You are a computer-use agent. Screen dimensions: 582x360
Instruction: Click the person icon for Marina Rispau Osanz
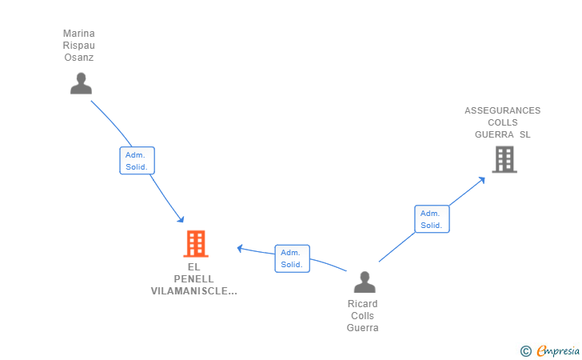[x=81, y=83]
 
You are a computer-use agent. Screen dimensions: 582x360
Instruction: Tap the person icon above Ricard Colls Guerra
[x=365, y=282]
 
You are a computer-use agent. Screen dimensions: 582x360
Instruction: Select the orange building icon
[x=196, y=244]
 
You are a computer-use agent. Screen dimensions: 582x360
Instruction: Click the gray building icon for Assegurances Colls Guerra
[x=504, y=159]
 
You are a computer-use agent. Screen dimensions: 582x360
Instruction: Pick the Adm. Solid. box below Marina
[x=137, y=161]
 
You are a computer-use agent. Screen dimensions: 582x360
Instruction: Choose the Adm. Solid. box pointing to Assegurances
[x=432, y=219]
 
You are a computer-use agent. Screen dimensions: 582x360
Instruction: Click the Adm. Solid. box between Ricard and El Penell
[x=292, y=258]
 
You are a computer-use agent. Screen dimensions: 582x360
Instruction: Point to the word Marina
[x=78, y=34]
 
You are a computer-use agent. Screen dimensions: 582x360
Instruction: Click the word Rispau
[x=78, y=46]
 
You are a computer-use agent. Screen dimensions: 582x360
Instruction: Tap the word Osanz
[x=78, y=58]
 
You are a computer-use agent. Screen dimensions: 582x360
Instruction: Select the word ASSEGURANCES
[x=503, y=110]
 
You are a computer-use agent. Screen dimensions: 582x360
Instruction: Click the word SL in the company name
[x=524, y=134]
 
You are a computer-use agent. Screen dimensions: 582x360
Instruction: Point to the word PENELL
[x=193, y=279]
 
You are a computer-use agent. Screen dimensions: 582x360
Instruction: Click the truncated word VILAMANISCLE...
[x=193, y=291]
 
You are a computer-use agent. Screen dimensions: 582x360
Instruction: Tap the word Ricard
[x=363, y=304]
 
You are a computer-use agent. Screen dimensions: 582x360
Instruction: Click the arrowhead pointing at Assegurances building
[x=482, y=180]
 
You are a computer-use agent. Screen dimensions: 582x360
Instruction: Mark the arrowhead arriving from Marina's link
[x=181, y=219]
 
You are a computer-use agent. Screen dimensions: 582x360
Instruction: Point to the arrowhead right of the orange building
[x=240, y=248]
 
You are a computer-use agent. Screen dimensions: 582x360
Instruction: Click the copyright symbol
[x=525, y=351]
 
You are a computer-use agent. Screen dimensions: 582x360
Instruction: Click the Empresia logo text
[x=558, y=350]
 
